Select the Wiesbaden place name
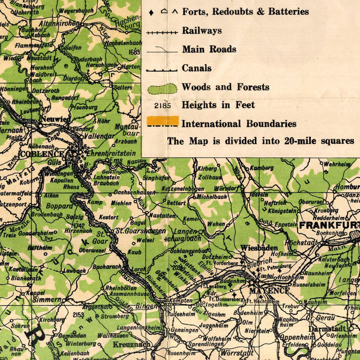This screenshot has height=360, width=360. pyautogui.click(x=260, y=247)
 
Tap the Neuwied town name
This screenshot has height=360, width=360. pyautogui.click(x=55, y=119)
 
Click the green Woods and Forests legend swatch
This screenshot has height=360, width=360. pyautogui.click(x=162, y=88)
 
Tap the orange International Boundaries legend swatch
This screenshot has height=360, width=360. pyautogui.click(x=162, y=121)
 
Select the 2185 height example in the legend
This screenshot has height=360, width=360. pyautogui.click(x=162, y=105)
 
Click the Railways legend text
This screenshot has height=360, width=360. pyautogui.click(x=202, y=31)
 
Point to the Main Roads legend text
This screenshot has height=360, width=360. pyautogui.click(x=209, y=49)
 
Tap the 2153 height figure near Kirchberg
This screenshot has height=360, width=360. pyautogui.click(x=79, y=314)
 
